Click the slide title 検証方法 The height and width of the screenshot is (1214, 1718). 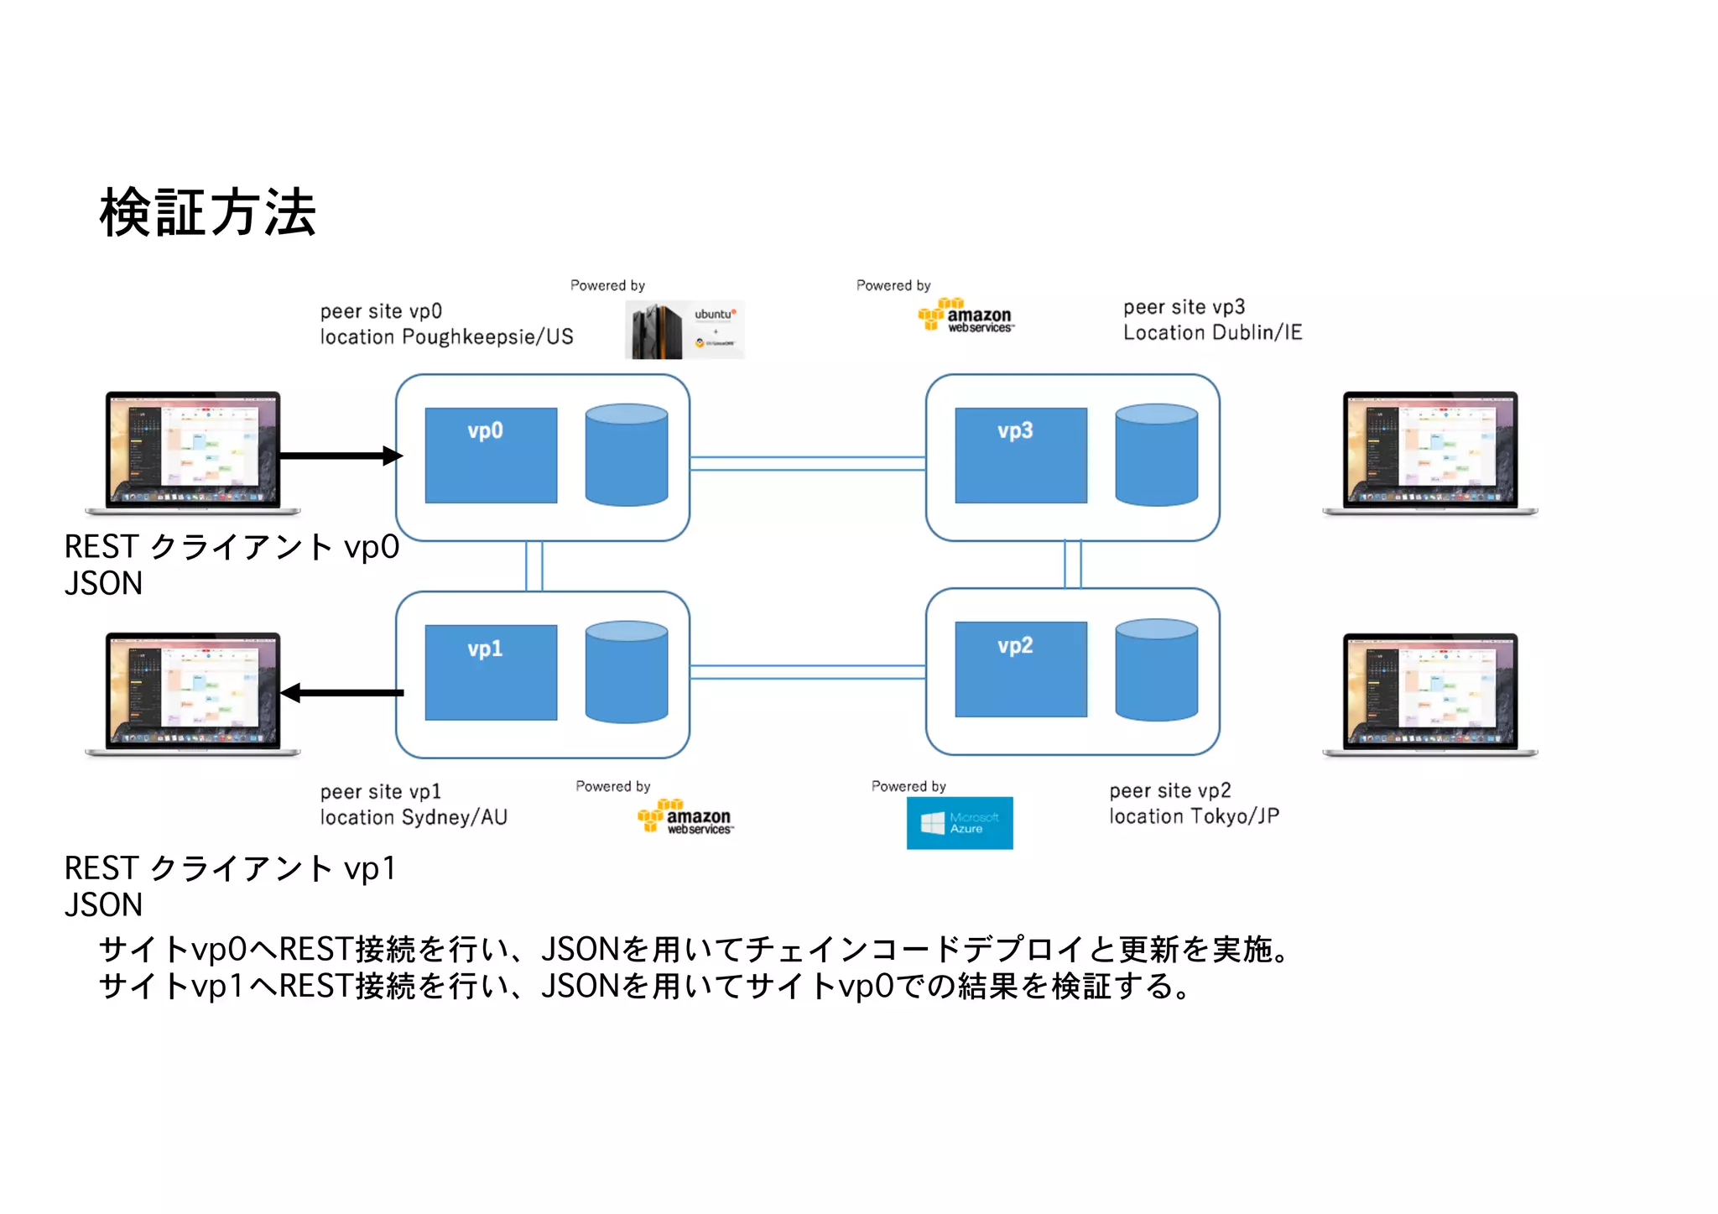coord(207,213)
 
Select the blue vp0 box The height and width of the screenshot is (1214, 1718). coord(491,456)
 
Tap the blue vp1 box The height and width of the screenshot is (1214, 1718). coord(491,672)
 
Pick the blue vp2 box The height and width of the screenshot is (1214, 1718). coord(1020,669)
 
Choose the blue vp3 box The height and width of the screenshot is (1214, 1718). coord(1020,456)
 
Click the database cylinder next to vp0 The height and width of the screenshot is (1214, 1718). coord(626,455)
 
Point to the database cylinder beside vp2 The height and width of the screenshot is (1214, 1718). coord(1156,670)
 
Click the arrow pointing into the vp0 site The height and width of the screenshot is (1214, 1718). coord(340,456)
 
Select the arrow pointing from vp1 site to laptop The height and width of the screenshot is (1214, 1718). coord(342,693)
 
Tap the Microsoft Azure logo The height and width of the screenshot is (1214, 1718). coord(959,823)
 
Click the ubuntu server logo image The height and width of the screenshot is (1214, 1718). coord(684,330)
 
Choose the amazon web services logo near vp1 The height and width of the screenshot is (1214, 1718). coord(685,817)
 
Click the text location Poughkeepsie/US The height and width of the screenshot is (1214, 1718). coord(446,337)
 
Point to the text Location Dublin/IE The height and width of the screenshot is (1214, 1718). coord(1212,333)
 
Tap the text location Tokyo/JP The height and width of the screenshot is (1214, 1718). coord(1194,816)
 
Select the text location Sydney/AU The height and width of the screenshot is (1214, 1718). coord(414,818)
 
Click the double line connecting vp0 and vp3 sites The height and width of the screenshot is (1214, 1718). coord(807,463)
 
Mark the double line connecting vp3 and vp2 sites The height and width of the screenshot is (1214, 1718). coord(1072,564)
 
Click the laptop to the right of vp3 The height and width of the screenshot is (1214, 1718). coord(1429,452)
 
